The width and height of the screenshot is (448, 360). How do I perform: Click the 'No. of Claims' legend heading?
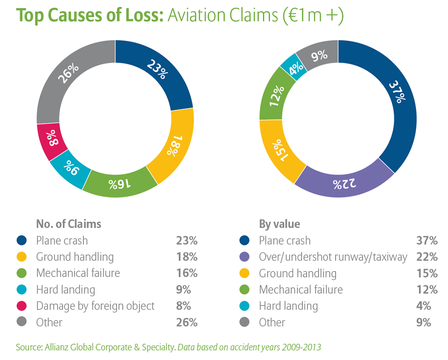coord(68,224)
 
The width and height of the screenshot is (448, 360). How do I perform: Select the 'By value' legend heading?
coord(279,224)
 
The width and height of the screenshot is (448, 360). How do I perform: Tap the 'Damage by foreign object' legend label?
coord(95,306)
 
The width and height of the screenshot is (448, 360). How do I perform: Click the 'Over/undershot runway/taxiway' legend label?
coord(333,257)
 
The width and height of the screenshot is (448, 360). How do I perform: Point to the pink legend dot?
coord(22,306)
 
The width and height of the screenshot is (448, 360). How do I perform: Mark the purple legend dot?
coord(245,257)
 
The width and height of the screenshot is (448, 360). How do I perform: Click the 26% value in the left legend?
coord(186,323)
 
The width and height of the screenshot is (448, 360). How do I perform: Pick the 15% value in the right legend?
coord(427,274)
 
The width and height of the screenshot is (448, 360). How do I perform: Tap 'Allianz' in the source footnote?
coord(56,347)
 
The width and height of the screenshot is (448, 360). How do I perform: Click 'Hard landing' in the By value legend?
coord(288,306)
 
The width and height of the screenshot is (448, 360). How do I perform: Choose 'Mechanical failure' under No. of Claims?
coord(78,273)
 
